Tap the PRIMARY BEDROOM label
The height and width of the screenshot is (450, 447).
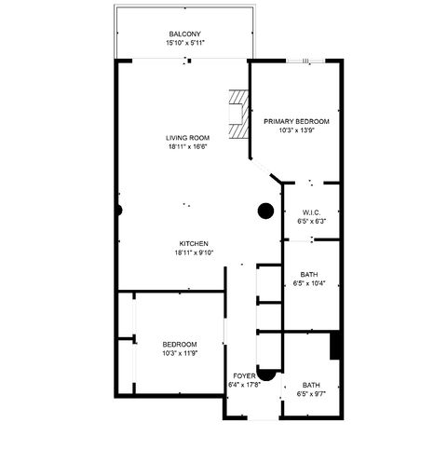click(296, 121)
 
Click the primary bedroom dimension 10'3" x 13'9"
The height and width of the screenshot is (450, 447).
click(296, 130)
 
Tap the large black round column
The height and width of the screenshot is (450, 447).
click(265, 210)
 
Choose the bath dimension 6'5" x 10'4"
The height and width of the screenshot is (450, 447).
click(309, 283)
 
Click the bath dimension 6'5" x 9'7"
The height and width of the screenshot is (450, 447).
click(311, 393)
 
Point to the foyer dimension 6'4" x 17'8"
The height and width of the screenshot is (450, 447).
click(244, 384)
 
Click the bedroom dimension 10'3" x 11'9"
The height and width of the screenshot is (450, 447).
click(180, 353)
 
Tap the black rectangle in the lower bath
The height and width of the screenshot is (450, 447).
click(336, 345)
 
